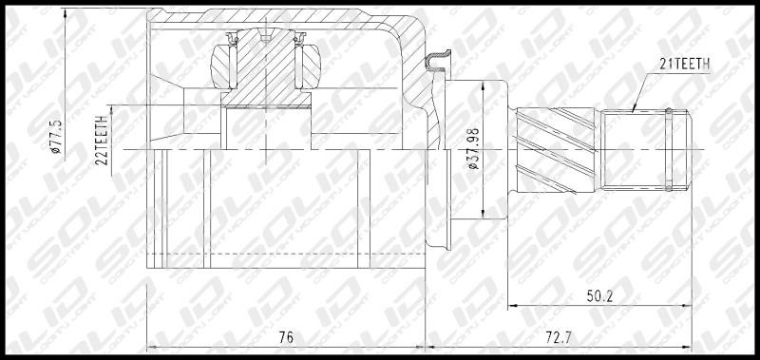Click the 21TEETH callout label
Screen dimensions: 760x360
pyautogui.click(x=684, y=64)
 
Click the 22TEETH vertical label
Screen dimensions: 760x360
pyautogui.click(x=103, y=141)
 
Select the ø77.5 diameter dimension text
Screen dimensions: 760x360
pyautogui.click(x=57, y=137)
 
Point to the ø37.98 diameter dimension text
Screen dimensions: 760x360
pyautogui.click(x=473, y=148)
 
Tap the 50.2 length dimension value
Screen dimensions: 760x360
pyautogui.click(x=600, y=296)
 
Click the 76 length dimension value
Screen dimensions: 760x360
pyautogui.click(x=287, y=337)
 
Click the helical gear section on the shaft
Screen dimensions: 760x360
pyautogui.click(x=556, y=150)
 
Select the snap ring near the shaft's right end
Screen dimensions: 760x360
pyautogui.click(x=669, y=149)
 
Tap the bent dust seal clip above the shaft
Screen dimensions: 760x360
pyautogui.click(x=438, y=62)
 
